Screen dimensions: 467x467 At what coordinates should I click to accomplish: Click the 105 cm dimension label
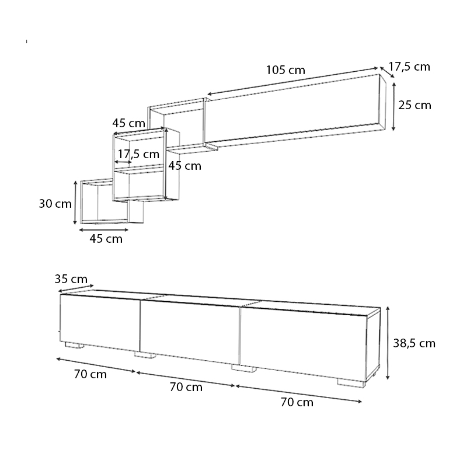coord(285,70)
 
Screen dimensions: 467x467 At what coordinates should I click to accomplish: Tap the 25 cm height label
coord(414,105)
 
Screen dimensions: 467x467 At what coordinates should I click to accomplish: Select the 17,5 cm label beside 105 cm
coord(409,67)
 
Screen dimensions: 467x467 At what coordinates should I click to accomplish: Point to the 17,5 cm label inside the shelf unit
coord(138,154)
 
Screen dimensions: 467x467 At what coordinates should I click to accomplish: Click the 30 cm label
coord(55,204)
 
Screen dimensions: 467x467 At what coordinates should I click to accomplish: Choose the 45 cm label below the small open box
coord(106,239)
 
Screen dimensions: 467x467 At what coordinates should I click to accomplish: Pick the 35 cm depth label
coord(71,279)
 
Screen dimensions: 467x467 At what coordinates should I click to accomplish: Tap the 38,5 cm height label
coord(414,343)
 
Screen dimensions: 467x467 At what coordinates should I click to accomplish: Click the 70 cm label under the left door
coord(90,374)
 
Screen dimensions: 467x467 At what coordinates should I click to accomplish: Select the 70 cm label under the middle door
coord(186,387)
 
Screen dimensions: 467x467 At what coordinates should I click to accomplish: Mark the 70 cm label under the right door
coord(297,402)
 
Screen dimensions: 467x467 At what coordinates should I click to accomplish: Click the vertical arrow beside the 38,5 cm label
coord(388,343)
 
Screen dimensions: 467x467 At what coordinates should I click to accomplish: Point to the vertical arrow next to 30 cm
coord(75,203)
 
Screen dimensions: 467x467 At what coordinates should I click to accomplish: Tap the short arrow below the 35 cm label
coord(76,288)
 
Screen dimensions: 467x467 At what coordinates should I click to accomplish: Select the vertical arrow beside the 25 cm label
coord(393,106)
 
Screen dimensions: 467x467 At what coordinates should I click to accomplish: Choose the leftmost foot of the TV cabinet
coord(74,345)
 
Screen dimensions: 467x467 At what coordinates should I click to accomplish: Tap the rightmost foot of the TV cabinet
coord(351,384)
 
